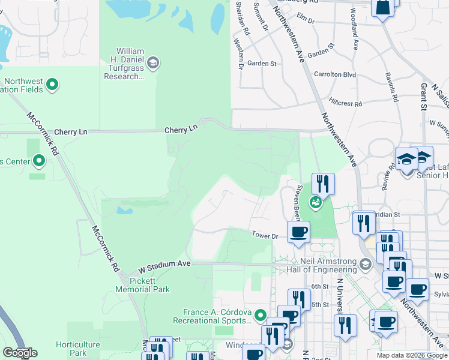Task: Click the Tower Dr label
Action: click(265, 236)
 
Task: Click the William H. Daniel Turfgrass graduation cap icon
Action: click(153, 62)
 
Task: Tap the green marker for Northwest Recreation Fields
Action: click(52, 85)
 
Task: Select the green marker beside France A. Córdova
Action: click(260, 315)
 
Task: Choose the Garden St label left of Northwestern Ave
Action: click(261, 63)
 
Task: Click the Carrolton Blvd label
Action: click(335, 75)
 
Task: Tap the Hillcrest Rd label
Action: click(345, 103)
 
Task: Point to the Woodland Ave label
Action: click(355, 37)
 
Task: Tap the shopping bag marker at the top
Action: click(382, 7)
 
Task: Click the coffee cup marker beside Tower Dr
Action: click(298, 232)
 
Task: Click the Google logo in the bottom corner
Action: click(20, 353)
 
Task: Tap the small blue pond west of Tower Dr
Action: click(125, 211)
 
